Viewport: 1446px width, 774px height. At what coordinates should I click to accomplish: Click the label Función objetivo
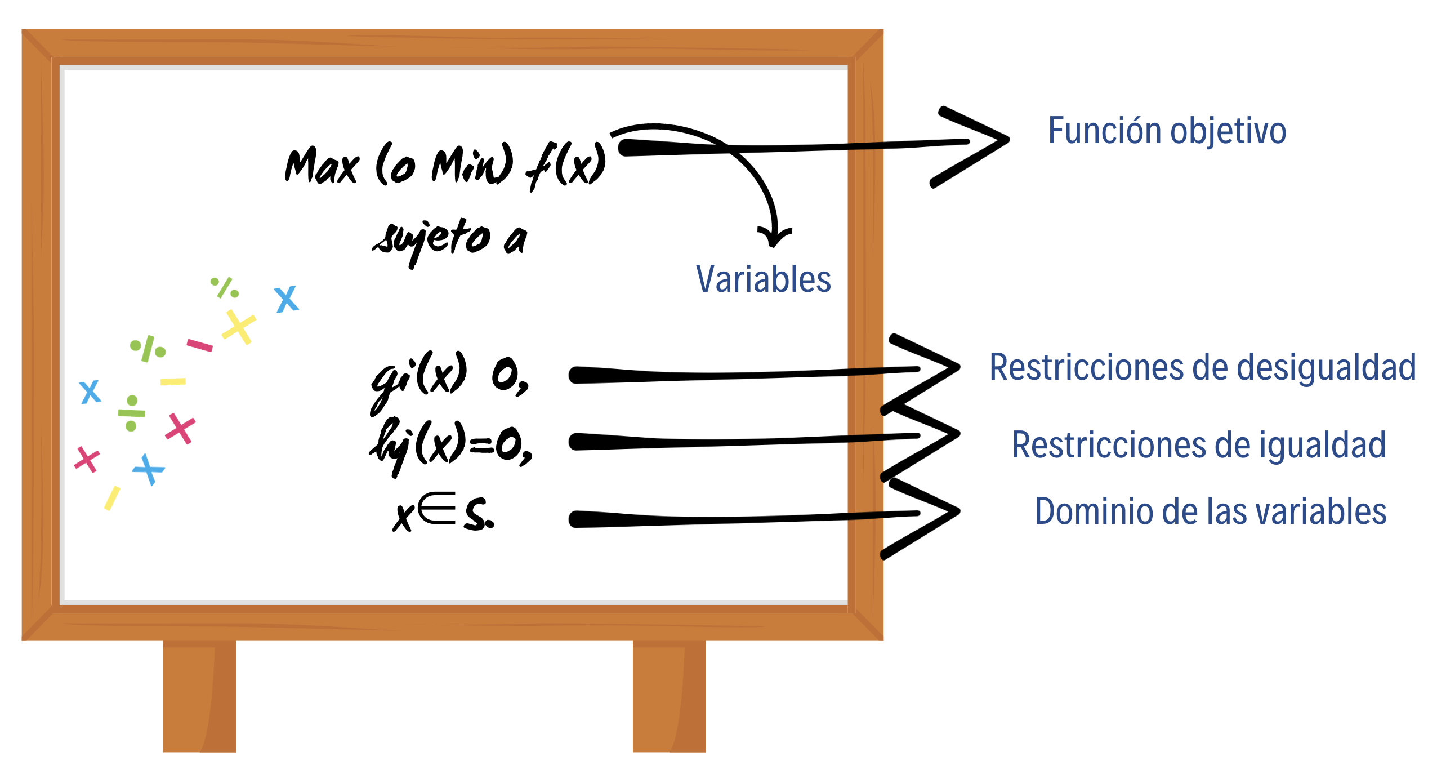[x=1167, y=131]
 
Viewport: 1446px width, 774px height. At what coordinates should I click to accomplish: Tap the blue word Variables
[x=763, y=279]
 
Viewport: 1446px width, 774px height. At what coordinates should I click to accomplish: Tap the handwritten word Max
[x=322, y=166]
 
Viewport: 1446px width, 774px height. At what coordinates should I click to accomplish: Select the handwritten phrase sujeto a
[x=450, y=239]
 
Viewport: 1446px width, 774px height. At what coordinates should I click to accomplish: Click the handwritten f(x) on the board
[x=566, y=166]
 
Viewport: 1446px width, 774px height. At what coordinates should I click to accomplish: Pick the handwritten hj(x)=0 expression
[x=450, y=445]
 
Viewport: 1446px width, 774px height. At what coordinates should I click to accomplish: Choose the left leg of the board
[x=199, y=696]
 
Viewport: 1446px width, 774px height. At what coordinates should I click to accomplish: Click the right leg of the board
[x=669, y=696]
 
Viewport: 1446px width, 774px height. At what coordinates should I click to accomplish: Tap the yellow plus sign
[x=239, y=327]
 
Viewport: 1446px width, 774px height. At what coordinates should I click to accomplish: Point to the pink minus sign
[x=199, y=345]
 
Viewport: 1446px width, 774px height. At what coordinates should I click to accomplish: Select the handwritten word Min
[x=472, y=165]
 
